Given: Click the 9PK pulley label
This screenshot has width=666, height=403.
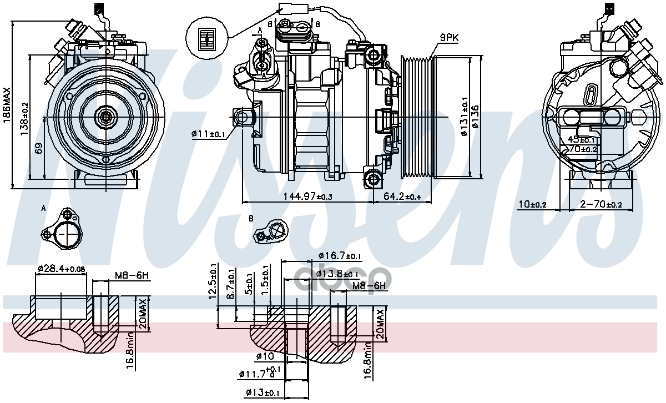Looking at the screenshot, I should point(449,37).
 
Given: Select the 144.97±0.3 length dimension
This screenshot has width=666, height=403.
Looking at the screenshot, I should point(308,197).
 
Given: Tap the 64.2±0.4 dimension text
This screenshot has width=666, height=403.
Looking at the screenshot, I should point(402,197).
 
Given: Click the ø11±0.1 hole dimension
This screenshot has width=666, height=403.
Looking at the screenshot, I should point(208,134).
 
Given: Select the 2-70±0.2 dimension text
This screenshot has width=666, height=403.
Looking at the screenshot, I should point(601,205).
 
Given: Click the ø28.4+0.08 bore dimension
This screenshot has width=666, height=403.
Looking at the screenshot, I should point(61,269).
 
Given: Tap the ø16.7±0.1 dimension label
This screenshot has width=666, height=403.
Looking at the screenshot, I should point(340,256).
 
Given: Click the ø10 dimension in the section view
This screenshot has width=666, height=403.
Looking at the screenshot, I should point(265,356).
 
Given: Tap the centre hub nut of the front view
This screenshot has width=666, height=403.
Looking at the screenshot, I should point(105,117).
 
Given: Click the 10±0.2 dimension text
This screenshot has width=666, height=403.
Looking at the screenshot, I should point(532,205).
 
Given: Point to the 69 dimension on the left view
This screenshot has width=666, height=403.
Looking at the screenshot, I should point(38,149).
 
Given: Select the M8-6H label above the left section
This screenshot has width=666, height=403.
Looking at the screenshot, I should point(132,275).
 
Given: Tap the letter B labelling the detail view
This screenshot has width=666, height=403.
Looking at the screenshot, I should point(251,218).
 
